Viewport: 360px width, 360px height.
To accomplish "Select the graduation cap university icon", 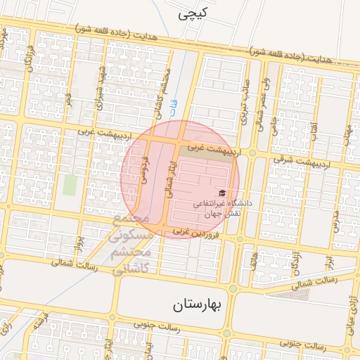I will coord(222,192).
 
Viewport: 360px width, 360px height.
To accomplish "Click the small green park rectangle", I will coord(70,184).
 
